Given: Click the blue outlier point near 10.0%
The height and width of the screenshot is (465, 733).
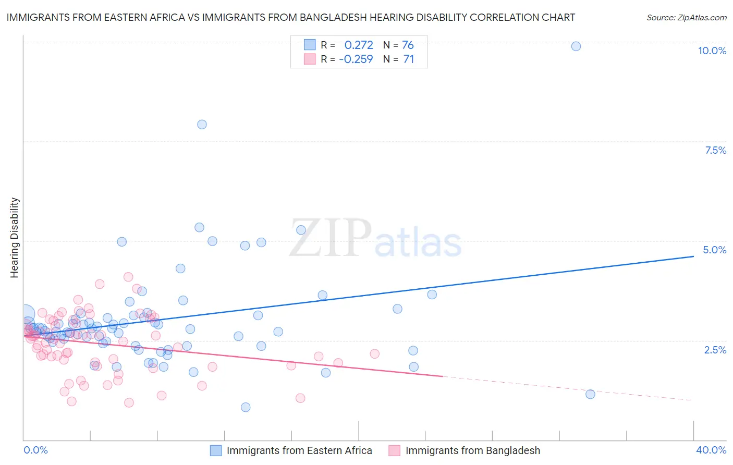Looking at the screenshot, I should pos(576,46).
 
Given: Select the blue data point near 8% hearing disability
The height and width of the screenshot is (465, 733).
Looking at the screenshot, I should pos(202,124).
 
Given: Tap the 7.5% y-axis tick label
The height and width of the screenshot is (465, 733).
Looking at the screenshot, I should pos(715,150).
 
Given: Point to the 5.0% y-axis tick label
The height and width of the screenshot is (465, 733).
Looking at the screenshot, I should pos(714,250).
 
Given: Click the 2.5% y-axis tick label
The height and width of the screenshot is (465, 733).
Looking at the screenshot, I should pos(715,350).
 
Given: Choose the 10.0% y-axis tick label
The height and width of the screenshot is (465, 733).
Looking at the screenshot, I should pos(712,51).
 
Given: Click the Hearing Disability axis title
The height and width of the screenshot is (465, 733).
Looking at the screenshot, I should pos(15,237).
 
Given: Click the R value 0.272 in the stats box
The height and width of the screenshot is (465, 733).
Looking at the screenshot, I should pos(359,45).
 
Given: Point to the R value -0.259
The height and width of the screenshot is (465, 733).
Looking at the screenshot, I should pos(356,59).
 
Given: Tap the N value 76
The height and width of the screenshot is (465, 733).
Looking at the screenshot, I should pos(408,45).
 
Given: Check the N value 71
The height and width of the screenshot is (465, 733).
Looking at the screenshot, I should pos(408,59).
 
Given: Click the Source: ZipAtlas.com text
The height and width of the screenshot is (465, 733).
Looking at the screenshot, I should pos(686,17).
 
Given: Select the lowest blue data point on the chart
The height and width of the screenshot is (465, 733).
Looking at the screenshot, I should pos(246,407).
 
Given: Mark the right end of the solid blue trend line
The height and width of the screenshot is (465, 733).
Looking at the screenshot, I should pos(693,256).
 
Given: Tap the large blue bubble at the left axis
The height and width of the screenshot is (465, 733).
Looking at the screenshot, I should pos(25,314).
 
